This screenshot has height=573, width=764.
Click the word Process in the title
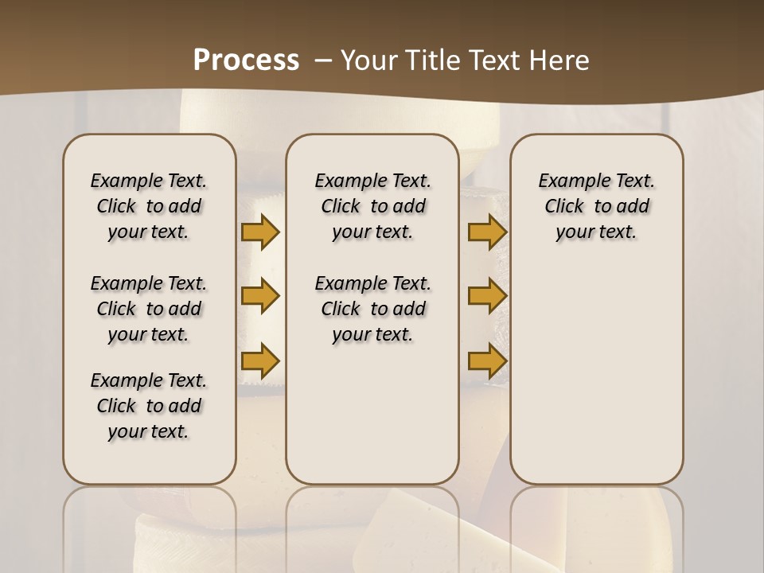(x=246, y=60)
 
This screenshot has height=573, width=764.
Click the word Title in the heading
(x=435, y=60)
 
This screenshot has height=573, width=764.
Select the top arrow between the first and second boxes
(x=260, y=232)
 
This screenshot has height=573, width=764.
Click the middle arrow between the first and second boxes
(x=260, y=296)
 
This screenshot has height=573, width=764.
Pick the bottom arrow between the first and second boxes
(x=260, y=361)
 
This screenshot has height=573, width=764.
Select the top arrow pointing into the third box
(x=487, y=232)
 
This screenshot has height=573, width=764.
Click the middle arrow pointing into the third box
(x=487, y=296)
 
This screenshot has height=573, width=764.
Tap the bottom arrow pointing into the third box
(x=487, y=361)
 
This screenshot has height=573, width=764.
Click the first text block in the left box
(x=149, y=206)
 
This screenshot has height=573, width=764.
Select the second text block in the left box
(x=149, y=309)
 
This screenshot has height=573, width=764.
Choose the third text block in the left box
(x=149, y=406)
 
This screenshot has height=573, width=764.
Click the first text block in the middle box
(x=372, y=206)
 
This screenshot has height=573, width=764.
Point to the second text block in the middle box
(x=372, y=309)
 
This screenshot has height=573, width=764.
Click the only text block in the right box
(x=596, y=206)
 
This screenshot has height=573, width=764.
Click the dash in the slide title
(x=322, y=60)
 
